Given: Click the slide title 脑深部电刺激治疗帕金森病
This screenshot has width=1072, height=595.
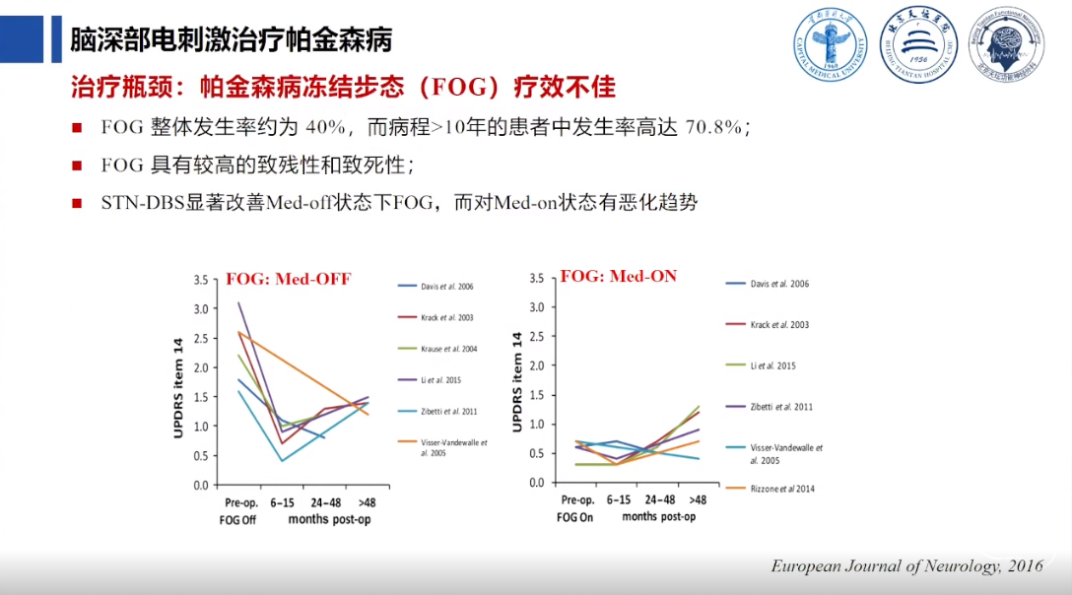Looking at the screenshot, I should pyautogui.click(x=231, y=40).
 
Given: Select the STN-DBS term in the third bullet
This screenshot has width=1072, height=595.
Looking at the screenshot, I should pyautogui.click(x=142, y=203).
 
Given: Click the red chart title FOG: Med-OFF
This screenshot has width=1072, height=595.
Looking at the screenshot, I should pyautogui.click(x=289, y=279).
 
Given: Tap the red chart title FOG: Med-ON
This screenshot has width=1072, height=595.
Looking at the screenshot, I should pyautogui.click(x=619, y=277).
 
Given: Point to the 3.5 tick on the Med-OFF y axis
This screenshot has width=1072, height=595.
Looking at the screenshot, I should pyautogui.click(x=200, y=280).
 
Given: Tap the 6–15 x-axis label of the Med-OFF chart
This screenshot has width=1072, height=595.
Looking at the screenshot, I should pyautogui.click(x=283, y=502).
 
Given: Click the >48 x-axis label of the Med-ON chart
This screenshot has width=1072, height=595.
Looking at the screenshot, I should pyautogui.click(x=698, y=499).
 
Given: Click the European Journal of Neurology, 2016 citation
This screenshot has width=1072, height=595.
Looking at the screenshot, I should pyautogui.click(x=905, y=566).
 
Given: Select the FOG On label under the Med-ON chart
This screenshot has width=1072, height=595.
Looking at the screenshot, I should pyautogui.click(x=574, y=516).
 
